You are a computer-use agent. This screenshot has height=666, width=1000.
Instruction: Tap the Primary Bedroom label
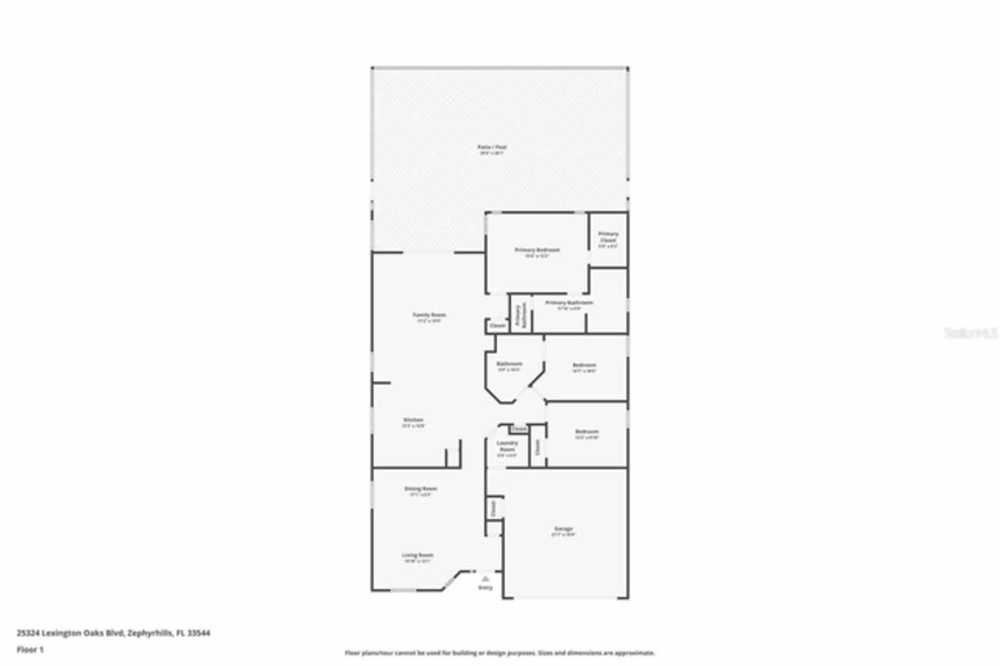tap(537, 250)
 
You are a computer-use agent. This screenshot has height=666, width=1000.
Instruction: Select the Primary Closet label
tap(609, 237)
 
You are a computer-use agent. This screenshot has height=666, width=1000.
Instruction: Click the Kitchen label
tap(413, 420)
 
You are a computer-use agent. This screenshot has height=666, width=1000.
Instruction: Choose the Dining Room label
tap(420, 489)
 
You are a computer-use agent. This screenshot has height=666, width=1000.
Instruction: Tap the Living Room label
tap(418, 555)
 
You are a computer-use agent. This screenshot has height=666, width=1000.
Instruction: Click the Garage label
tap(563, 529)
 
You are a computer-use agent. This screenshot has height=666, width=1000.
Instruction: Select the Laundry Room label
tap(508, 446)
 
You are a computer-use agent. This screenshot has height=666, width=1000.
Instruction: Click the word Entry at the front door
tap(485, 586)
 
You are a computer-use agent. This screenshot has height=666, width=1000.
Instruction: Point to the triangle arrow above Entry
tap(485, 578)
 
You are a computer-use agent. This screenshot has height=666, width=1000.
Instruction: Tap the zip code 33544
tap(201, 633)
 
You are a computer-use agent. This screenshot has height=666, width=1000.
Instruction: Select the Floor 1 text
tap(30, 650)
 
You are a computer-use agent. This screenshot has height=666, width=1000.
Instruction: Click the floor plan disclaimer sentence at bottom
tap(500, 653)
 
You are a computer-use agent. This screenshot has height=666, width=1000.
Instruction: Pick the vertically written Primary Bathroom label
tap(518, 313)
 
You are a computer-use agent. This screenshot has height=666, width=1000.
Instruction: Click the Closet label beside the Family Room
tap(497, 325)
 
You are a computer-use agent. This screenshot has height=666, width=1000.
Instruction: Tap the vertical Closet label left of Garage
tap(494, 508)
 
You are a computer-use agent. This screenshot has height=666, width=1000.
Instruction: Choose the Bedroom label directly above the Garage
tap(587, 431)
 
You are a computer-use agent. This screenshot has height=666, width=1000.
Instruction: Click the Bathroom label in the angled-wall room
tap(509, 364)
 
